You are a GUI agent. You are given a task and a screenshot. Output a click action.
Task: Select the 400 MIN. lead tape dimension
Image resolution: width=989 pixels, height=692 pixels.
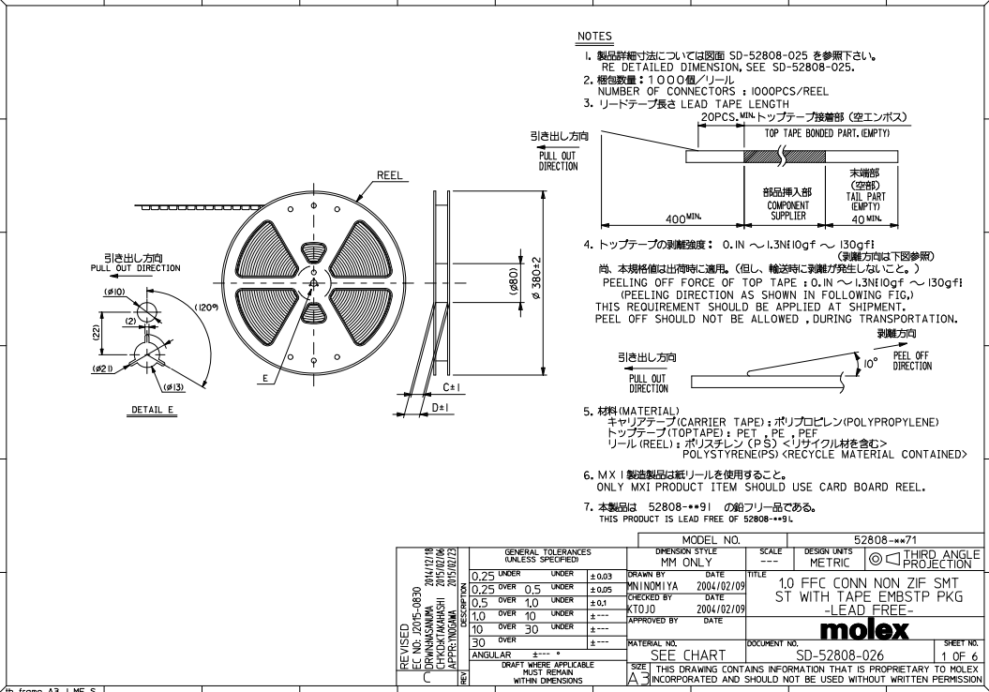(684, 218)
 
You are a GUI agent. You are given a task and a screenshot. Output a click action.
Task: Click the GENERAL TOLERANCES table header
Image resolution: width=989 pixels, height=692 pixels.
(548, 555)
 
